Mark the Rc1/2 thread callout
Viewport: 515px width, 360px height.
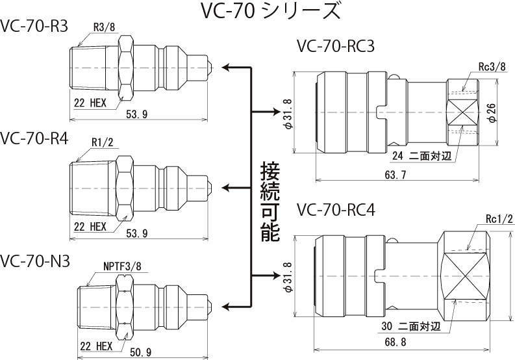pos(499,218)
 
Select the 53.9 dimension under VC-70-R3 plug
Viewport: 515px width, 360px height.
pos(136,114)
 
